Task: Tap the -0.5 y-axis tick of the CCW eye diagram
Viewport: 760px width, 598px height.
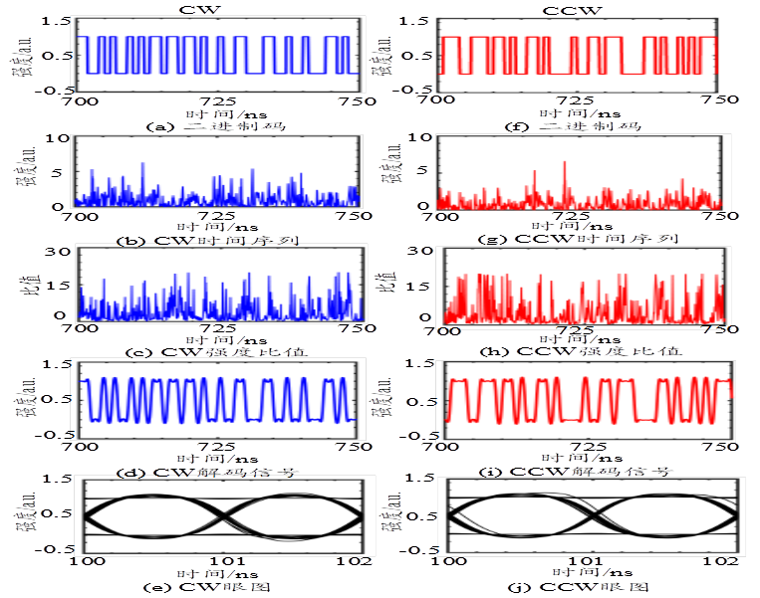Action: pyautogui.click(x=412, y=547)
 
